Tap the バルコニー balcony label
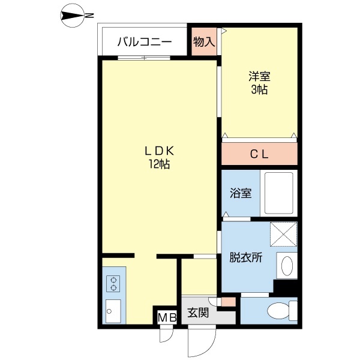tap(145, 42)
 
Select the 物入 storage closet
tap(204, 42)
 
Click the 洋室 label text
tap(259, 77)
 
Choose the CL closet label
tap(259, 154)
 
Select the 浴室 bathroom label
tap(241, 194)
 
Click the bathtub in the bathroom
tap(278, 193)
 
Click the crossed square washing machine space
tap(283, 234)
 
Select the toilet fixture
tap(280, 311)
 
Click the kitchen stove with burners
tap(112, 283)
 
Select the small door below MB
tap(165, 334)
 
